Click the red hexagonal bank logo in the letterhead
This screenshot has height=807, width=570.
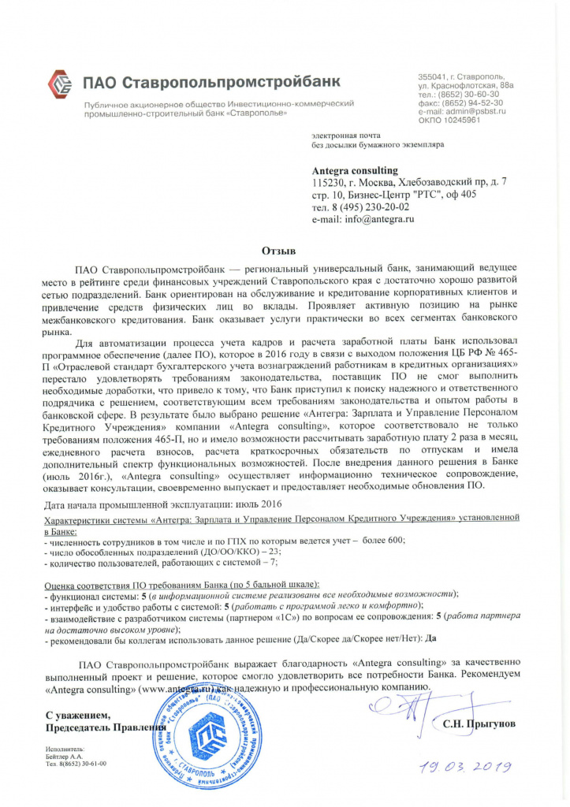coord(60,82)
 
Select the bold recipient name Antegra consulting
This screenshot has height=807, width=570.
coord(355,170)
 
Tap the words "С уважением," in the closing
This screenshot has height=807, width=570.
coord(77,714)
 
